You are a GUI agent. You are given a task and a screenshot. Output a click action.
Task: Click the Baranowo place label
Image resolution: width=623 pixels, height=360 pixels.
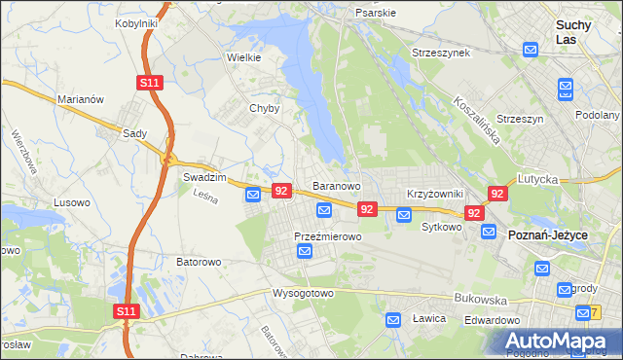[337, 185]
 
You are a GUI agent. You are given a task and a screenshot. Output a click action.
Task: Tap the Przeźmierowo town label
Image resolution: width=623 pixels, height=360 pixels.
[328, 236]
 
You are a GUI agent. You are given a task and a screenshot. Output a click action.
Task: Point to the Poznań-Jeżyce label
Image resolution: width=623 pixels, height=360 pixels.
[549, 234]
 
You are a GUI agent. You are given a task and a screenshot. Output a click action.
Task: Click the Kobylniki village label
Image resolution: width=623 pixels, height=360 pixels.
[136, 22]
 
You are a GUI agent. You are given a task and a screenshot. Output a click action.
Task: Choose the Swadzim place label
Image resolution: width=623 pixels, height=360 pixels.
[204, 178]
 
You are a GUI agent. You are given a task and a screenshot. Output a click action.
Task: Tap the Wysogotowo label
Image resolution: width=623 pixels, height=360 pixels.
[303, 293]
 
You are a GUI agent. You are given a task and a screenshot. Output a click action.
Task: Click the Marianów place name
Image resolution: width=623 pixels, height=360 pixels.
[80, 99]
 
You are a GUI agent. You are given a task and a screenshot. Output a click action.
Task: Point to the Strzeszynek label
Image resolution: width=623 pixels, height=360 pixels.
[441, 52]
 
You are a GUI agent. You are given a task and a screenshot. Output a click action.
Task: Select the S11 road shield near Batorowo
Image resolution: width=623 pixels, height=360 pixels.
[125, 311]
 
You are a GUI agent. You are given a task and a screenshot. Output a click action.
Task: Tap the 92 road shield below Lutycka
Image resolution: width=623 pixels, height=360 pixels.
[497, 194]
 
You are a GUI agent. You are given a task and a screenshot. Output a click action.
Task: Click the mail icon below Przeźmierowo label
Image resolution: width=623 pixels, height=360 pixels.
[305, 252]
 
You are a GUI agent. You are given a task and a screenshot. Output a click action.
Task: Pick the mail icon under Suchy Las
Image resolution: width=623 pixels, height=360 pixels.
[531, 50]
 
